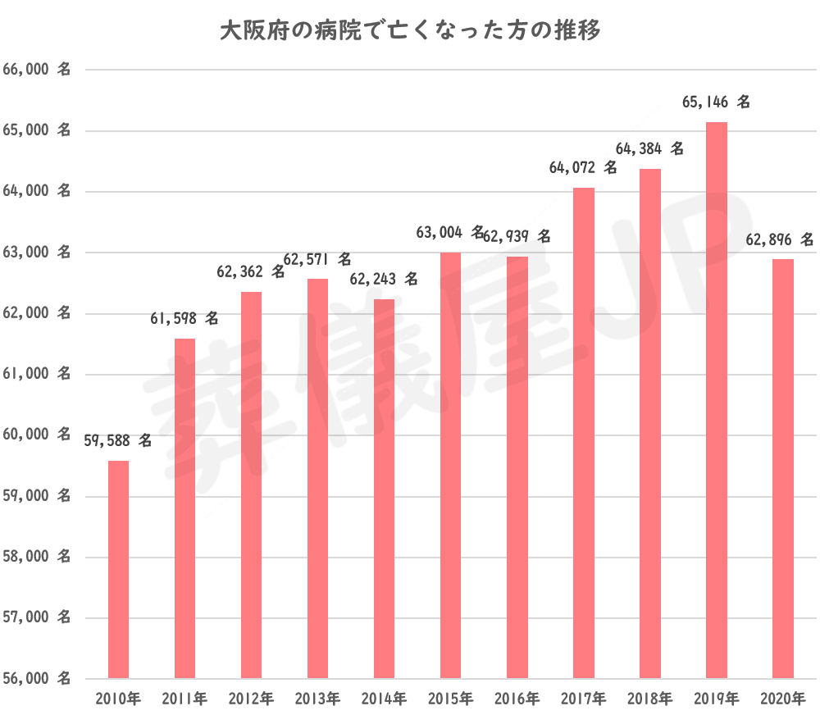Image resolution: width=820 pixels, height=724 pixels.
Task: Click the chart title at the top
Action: tap(410, 31)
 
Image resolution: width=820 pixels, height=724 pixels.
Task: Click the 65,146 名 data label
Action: tap(716, 103)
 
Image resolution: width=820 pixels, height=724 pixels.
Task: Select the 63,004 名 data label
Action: tap(451, 233)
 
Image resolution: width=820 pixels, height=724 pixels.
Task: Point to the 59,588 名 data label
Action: tap(118, 441)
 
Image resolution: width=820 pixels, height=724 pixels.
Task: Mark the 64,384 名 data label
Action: tap(649, 149)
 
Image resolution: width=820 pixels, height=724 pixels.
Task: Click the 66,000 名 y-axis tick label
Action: tap(37, 71)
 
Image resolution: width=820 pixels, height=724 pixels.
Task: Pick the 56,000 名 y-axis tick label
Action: tap(37, 679)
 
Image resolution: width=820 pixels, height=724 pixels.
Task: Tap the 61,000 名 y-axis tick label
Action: tap(37, 375)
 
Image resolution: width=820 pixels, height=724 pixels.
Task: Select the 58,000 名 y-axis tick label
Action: tap(37, 558)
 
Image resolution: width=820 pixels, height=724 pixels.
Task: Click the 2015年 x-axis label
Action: tap(450, 699)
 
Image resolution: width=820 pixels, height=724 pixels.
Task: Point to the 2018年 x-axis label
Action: tap(649, 699)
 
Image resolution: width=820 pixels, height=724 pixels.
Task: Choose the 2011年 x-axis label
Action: tap(184, 699)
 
